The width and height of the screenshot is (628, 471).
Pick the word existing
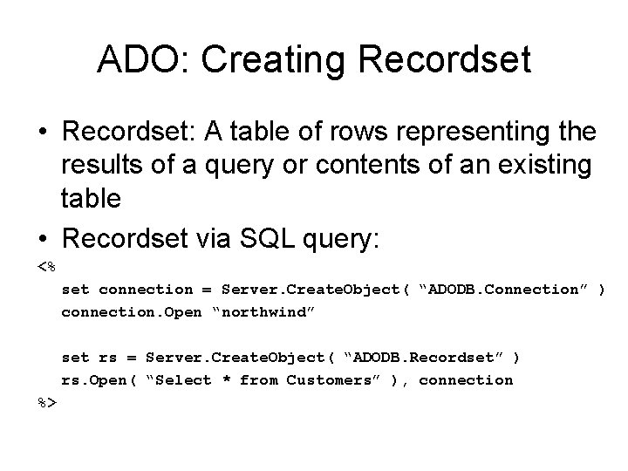pos(543,166)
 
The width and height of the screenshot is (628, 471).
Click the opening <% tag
pos(47,266)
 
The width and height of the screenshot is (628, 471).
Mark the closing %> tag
pos(47,402)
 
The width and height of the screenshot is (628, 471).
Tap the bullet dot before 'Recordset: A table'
pos(43,133)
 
